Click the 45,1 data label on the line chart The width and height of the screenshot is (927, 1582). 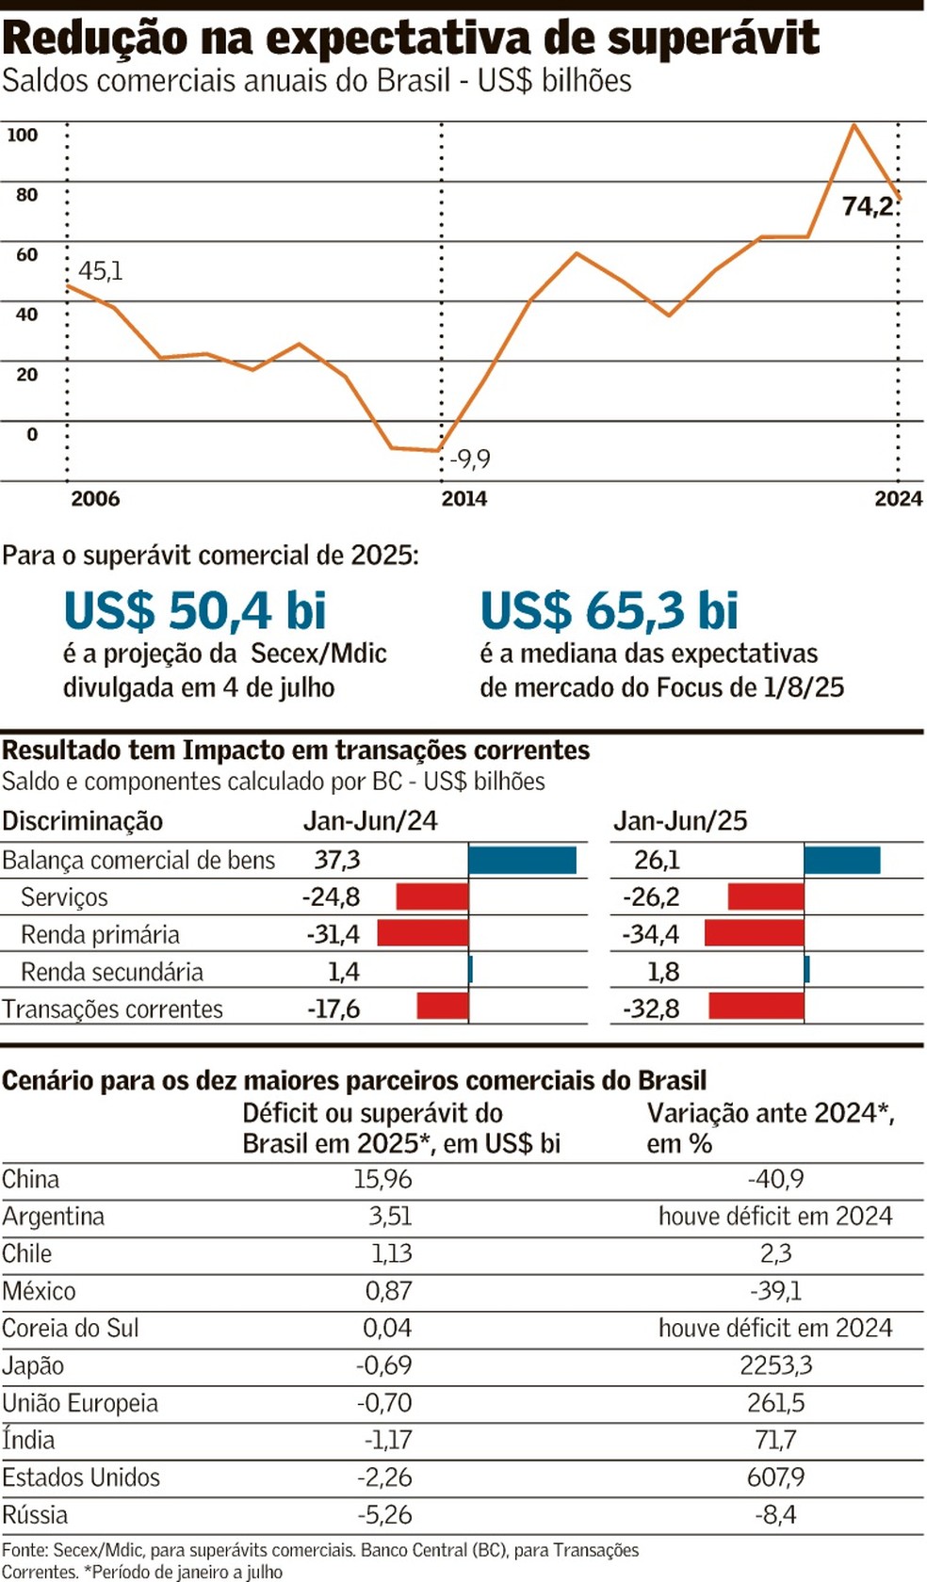[x=100, y=271]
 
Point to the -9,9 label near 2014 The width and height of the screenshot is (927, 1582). [x=470, y=460]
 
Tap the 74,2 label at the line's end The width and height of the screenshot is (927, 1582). [x=868, y=205]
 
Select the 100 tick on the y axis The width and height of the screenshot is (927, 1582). [x=23, y=135]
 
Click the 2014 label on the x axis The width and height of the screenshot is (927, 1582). [x=464, y=499]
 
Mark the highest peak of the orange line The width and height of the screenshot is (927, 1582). [x=854, y=124]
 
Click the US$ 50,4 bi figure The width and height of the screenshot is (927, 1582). [x=195, y=610]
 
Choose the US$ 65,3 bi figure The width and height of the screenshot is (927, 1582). [x=610, y=610]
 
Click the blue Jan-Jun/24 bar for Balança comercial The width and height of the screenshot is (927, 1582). [x=522, y=860]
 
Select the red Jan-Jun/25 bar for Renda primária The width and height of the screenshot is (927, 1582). [x=754, y=933]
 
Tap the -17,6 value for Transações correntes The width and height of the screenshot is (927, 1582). [x=333, y=1009]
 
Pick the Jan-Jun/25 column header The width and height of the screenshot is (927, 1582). [x=680, y=820]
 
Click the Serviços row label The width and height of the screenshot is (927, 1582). [x=64, y=896]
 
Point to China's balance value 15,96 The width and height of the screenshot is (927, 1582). [x=382, y=1179]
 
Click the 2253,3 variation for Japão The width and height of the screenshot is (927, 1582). [x=775, y=1365]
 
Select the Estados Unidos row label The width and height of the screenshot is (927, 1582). [x=81, y=1477]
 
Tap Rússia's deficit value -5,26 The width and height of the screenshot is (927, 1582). [x=384, y=1514]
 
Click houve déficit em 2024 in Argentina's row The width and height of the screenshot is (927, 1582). [x=775, y=1216]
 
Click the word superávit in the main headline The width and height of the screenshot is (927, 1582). [x=713, y=40]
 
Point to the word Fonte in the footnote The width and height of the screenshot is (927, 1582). [x=24, y=1550]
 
